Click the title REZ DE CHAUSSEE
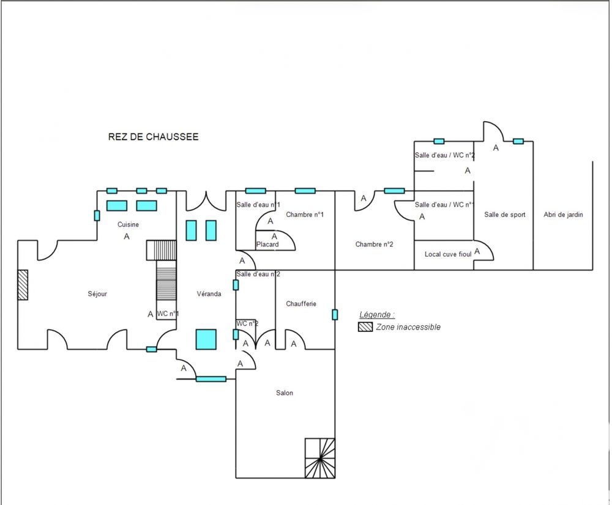(x=153, y=137)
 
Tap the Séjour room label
(x=97, y=294)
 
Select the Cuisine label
(x=129, y=224)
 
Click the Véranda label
(x=209, y=294)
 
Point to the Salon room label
(x=285, y=393)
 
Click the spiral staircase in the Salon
(x=319, y=458)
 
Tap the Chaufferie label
(x=301, y=304)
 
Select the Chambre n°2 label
(x=374, y=245)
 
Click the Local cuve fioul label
(x=448, y=254)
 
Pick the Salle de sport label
(x=505, y=215)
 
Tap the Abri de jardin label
(x=563, y=215)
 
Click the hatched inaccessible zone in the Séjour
(x=23, y=285)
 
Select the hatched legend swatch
(x=365, y=327)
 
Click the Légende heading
(x=376, y=315)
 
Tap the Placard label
(x=267, y=245)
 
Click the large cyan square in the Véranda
(x=206, y=339)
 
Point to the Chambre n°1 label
(x=304, y=215)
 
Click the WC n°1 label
(x=168, y=314)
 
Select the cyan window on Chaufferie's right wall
(x=335, y=314)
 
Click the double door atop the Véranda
(x=207, y=199)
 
